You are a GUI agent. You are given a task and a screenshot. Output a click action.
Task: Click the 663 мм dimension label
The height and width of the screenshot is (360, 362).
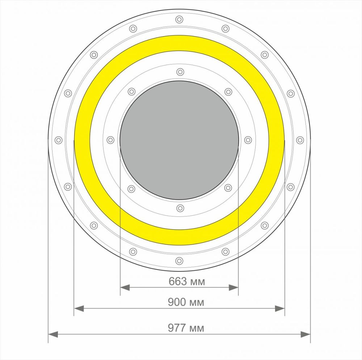click(x=187, y=281)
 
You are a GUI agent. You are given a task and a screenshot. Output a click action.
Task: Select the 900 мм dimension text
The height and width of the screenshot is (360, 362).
click(x=186, y=302)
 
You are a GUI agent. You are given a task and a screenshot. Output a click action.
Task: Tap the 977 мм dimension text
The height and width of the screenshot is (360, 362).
click(x=186, y=328)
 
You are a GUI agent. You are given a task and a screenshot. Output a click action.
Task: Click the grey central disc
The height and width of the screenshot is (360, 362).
click(x=180, y=140)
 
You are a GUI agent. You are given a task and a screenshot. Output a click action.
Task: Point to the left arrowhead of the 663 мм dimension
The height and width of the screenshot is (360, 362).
click(x=125, y=288)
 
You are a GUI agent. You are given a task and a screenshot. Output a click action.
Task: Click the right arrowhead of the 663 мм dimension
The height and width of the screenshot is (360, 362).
click(x=233, y=288)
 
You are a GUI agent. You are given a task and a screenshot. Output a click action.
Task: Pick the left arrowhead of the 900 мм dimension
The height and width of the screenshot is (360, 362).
click(x=79, y=308)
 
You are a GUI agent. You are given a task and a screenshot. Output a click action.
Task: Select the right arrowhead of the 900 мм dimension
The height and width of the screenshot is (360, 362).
click(x=280, y=308)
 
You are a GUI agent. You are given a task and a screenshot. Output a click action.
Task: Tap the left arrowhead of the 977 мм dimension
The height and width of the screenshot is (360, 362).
click(x=53, y=334)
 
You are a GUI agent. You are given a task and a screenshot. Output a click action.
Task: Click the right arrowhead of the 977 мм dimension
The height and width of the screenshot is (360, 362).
click(x=306, y=334)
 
